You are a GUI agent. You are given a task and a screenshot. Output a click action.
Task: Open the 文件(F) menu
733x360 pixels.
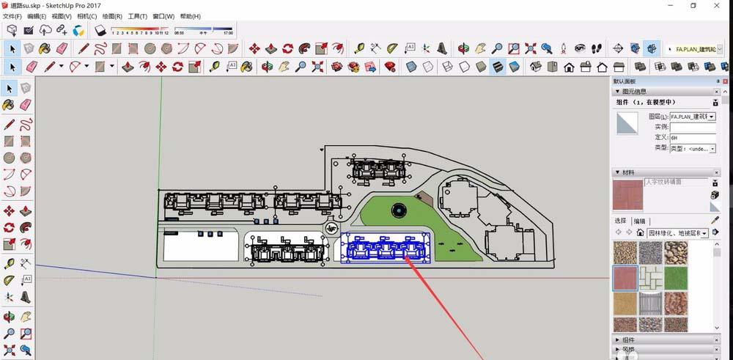pos(12,16)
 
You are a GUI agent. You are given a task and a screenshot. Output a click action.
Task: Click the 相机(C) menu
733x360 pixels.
pos(86,16)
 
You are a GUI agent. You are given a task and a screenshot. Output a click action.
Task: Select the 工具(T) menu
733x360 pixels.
pos(137,16)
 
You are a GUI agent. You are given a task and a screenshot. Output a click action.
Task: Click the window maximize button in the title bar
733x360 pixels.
pos(693,5)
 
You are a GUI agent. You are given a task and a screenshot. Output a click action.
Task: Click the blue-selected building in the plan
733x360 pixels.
pos(385,247)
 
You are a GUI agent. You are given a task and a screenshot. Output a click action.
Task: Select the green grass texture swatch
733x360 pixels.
pos(675,279)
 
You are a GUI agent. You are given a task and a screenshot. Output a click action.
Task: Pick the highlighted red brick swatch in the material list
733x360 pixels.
pos(624,279)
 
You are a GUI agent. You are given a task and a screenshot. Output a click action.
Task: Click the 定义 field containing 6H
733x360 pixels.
pos(692,137)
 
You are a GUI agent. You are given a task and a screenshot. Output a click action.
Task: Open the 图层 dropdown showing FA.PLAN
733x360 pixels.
pos(692,117)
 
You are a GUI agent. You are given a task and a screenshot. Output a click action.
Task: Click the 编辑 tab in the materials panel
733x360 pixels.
pos(640,221)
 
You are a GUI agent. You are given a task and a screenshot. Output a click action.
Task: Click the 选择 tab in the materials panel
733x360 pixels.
pos(620,221)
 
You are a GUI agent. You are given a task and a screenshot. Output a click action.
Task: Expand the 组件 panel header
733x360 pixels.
pos(628,339)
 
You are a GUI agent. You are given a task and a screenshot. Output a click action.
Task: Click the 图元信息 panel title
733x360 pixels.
pos(639,92)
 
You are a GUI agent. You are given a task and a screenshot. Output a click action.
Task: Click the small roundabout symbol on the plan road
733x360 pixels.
pos(332,229)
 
